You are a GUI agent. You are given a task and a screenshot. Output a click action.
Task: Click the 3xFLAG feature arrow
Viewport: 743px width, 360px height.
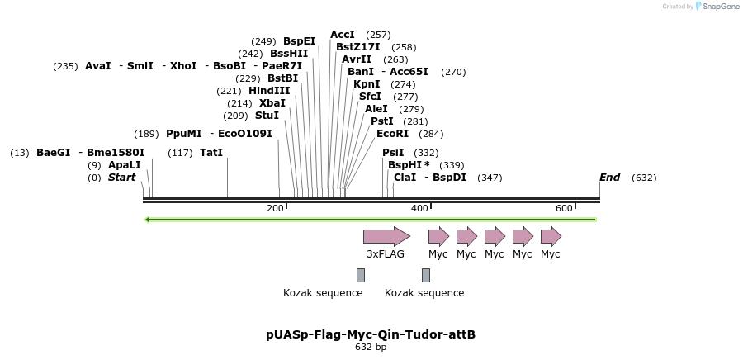pyautogui.click(x=386, y=236)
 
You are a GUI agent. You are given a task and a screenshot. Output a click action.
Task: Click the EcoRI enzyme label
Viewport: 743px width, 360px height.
pyautogui.click(x=392, y=134)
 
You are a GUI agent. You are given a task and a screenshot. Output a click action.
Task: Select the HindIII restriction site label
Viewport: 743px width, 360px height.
pyautogui.click(x=269, y=91)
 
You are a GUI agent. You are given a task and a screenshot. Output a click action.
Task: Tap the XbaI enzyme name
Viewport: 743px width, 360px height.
pyautogui.click(x=272, y=103)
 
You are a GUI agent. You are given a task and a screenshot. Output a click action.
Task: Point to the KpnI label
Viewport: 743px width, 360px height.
pyautogui.click(x=367, y=84)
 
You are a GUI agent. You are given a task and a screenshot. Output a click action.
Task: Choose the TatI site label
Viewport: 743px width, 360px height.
pyautogui.click(x=211, y=153)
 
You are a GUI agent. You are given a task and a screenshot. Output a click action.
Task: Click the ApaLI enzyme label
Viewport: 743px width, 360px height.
pyautogui.click(x=125, y=165)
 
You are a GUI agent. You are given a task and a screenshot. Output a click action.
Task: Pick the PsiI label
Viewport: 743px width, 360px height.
pyautogui.click(x=393, y=153)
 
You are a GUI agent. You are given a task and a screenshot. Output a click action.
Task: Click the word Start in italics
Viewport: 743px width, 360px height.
pyautogui.click(x=121, y=178)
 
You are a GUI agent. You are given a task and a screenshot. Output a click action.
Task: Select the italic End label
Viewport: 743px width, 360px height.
pyautogui.click(x=609, y=178)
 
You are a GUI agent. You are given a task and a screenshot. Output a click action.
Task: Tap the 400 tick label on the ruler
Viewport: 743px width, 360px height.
pyautogui.click(x=419, y=208)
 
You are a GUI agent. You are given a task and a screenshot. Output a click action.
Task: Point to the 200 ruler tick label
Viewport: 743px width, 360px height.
pyautogui.click(x=275, y=208)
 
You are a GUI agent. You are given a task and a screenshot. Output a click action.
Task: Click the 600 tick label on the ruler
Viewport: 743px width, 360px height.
pyautogui.click(x=564, y=208)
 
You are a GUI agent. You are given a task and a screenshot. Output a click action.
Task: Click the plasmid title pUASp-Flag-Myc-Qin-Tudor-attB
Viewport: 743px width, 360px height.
pyautogui.click(x=371, y=334)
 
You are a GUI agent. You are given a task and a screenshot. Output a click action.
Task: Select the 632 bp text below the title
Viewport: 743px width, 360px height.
pyautogui.click(x=371, y=348)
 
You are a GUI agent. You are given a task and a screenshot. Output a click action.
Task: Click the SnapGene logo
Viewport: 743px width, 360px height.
pyautogui.click(x=717, y=7)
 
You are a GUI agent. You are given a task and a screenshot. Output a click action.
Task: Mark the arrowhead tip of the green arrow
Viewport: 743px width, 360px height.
pyautogui.click(x=146, y=220)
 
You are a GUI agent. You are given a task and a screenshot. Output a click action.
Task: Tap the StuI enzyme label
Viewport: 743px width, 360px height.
pyautogui.click(x=267, y=116)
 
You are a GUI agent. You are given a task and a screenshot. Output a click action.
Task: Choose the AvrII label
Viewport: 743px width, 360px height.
pyautogui.click(x=357, y=59)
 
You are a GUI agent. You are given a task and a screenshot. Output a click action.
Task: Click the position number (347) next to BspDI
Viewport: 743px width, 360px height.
pyautogui.click(x=490, y=178)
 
